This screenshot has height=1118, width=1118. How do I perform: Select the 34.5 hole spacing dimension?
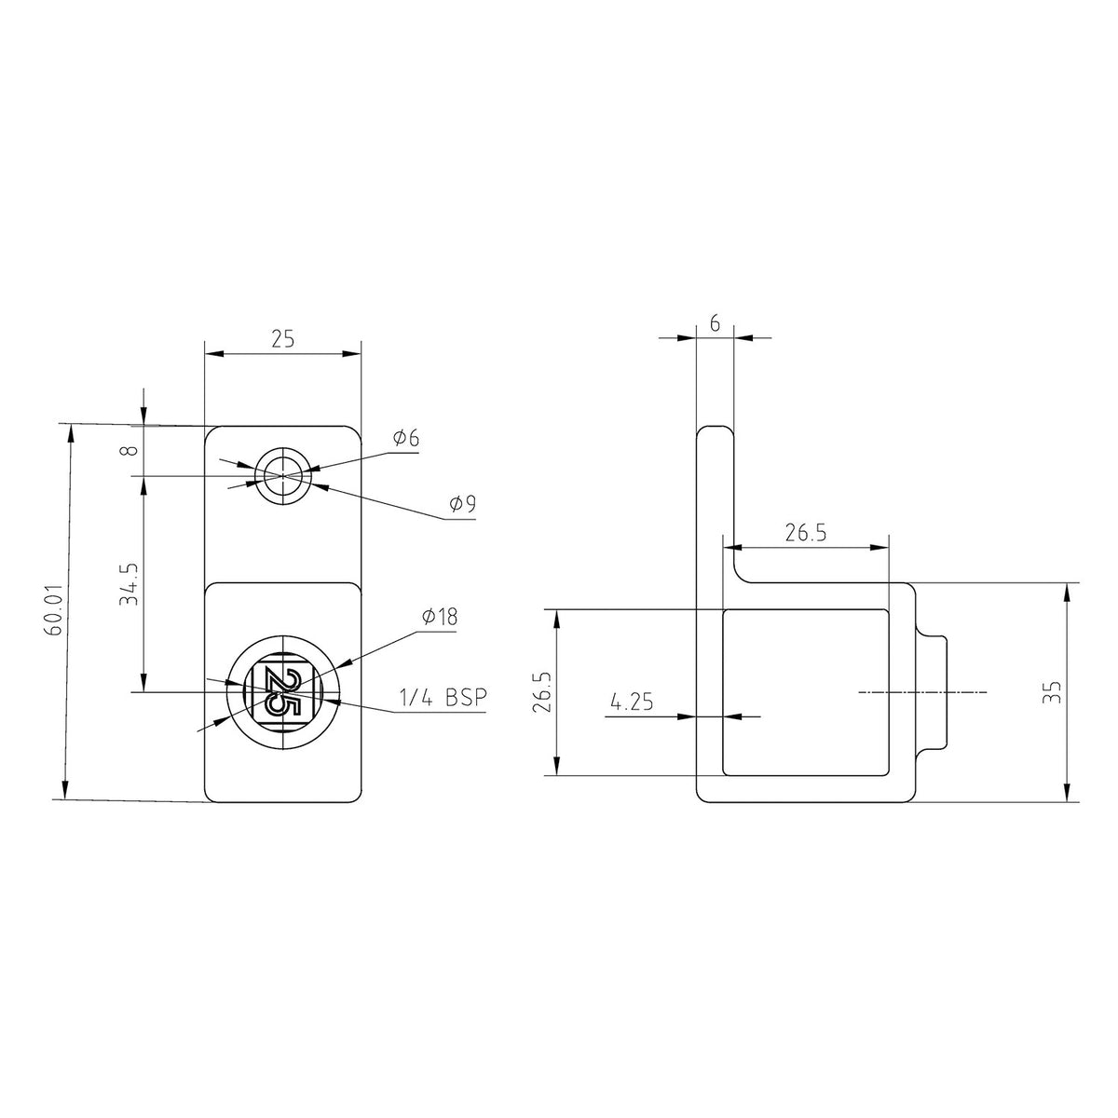pyautogui.click(x=129, y=584)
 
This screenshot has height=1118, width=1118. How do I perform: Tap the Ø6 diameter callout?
pyautogui.click(x=405, y=438)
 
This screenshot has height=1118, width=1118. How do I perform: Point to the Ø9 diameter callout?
pyautogui.click(x=462, y=504)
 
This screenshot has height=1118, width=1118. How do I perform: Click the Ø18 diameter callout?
pyautogui.click(x=440, y=617)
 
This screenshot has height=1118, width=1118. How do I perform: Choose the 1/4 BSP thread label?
pyautogui.click(x=443, y=698)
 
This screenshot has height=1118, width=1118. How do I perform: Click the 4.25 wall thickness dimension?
pyautogui.click(x=632, y=702)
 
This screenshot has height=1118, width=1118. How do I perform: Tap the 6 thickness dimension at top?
pyautogui.click(x=715, y=323)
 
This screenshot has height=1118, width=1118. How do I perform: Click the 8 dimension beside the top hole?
pyautogui.click(x=132, y=450)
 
